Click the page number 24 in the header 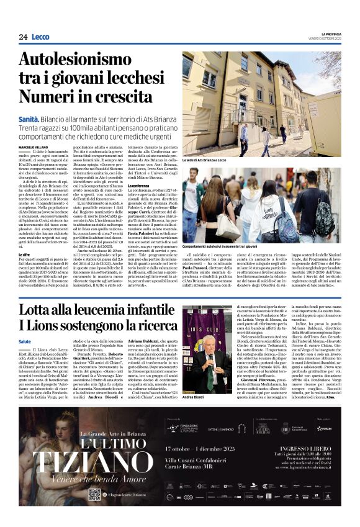pyautogui.click(x=23, y=37)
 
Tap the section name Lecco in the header pyautogui.click(x=40, y=37)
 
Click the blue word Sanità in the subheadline pyautogui.click(x=29, y=119)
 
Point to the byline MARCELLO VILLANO pyautogui.click(x=34, y=147)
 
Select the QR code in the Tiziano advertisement pyautogui.click(x=94, y=494)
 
